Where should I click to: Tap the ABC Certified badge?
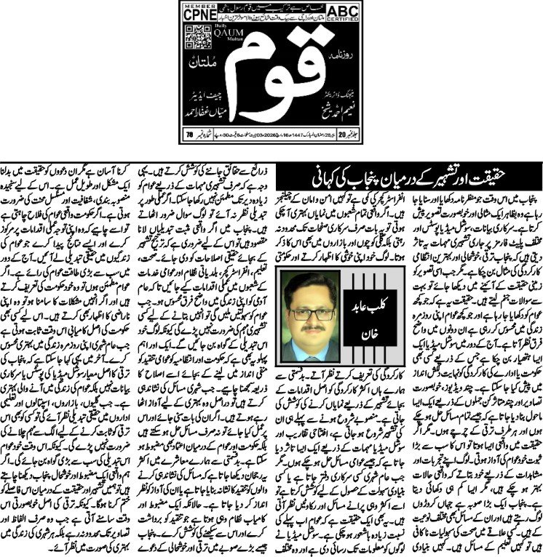[348, 15]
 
